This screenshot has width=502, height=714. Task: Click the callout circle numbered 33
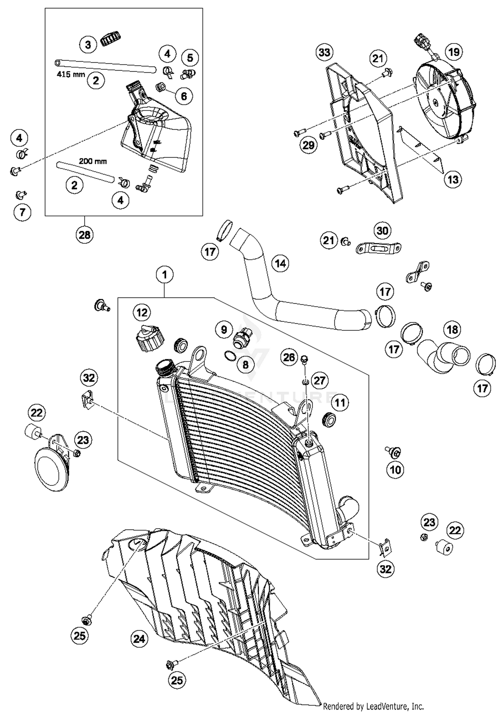point(324,52)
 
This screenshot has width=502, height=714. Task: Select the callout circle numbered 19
point(453,52)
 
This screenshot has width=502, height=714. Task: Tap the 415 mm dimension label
point(71,74)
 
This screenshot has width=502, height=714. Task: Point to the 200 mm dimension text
point(93,161)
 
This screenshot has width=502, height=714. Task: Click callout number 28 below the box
point(84,235)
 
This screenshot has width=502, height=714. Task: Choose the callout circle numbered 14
point(280,263)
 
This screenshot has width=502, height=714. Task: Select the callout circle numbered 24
point(139,639)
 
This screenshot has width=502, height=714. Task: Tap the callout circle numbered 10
point(395,470)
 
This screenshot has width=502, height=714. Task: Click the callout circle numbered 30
point(382,231)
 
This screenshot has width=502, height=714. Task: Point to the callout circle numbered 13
point(453,179)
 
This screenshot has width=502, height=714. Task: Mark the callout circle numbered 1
point(164,275)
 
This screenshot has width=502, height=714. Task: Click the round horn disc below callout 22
point(51,470)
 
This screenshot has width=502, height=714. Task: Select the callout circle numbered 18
point(452,329)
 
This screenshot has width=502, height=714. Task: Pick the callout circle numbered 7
point(22,212)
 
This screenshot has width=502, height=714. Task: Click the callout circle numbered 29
point(308,145)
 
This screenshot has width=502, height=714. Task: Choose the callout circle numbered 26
point(289,357)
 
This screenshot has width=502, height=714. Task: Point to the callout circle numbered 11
point(340,402)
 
